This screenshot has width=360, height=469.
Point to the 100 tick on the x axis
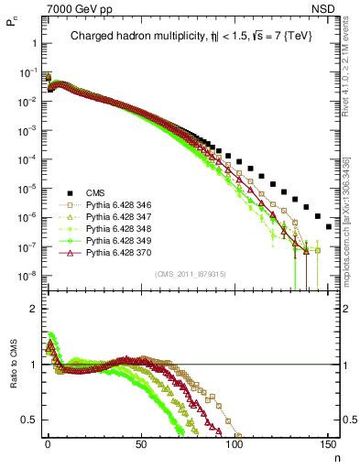235,446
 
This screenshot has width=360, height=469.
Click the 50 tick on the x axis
141,446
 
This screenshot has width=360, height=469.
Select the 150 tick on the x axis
327,446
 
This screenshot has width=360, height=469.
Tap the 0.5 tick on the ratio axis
32,420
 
